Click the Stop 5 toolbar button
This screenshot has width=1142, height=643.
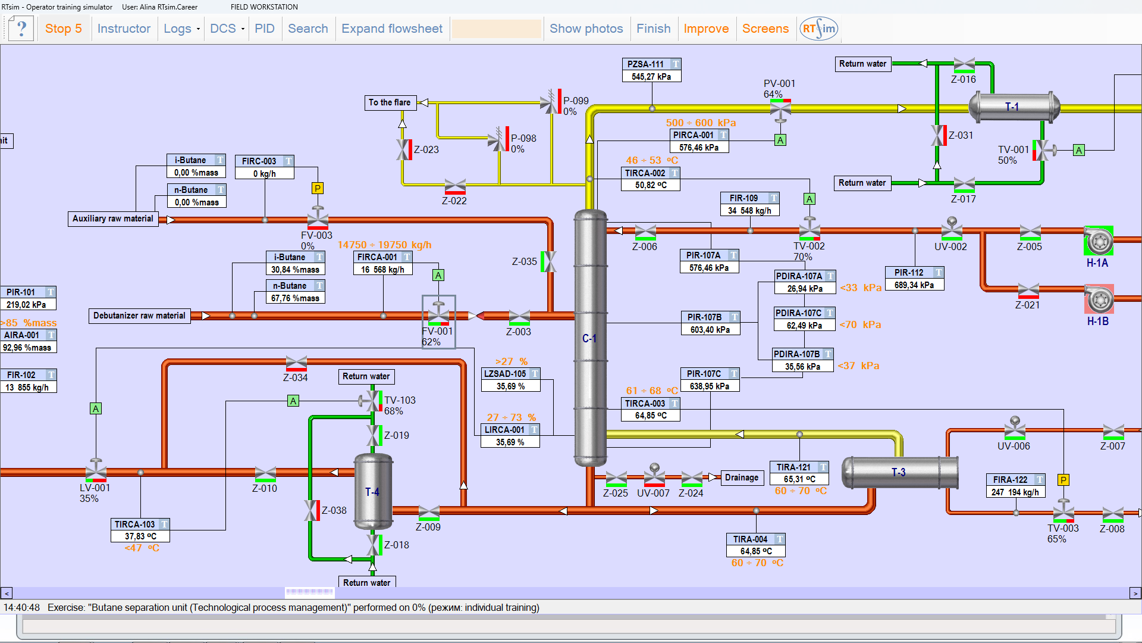[x=64, y=29]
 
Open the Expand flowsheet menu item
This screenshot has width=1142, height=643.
[x=392, y=29]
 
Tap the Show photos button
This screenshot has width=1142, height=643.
[x=586, y=29]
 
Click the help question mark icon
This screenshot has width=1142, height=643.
[x=21, y=29]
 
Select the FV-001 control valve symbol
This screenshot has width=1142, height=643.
[x=439, y=313]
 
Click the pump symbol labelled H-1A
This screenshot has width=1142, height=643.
[x=1098, y=241]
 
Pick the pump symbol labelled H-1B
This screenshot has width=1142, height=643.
[x=1099, y=299]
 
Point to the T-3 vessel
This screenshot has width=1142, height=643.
[x=900, y=473]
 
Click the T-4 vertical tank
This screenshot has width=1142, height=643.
[x=373, y=492]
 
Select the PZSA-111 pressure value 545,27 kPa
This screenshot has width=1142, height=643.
[x=652, y=77]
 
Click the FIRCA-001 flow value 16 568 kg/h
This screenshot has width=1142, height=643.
[x=383, y=270]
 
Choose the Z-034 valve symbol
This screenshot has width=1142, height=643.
[x=296, y=363]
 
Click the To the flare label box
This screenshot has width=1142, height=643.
[x=390, y=102]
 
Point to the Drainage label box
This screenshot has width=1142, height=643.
[x=742, y=477]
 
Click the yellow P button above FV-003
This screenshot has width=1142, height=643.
[x=318, y=189]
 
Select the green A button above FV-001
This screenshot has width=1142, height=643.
[x=438, y=275]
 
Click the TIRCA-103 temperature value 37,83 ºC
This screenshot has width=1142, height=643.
[x=140, y=536]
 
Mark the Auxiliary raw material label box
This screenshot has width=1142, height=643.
[x=113, y=219]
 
